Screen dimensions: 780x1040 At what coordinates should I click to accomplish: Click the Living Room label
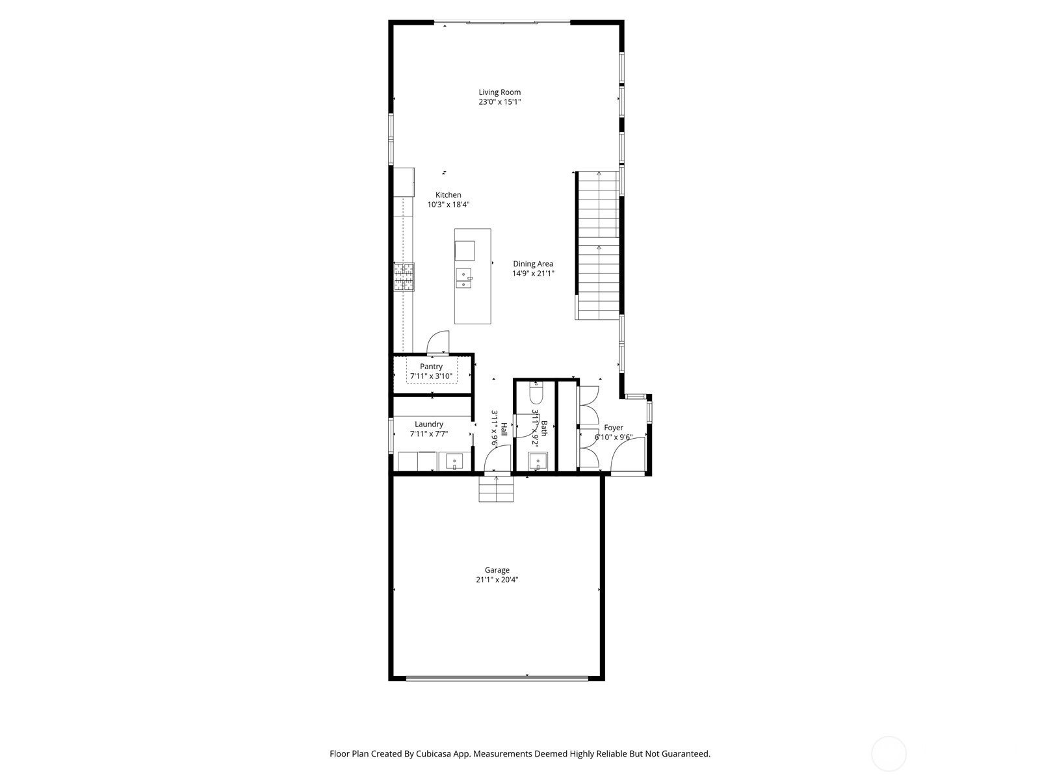click(499, 92)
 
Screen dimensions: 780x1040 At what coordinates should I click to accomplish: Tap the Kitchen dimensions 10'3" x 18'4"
click(448, 205)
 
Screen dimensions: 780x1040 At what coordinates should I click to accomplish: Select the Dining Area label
click(533, 264)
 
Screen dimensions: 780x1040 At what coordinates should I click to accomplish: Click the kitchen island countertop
click(473, 305)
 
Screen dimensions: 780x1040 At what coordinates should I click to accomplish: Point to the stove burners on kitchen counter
click(403, 276)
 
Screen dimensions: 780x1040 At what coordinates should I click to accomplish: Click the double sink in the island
click(464, 278)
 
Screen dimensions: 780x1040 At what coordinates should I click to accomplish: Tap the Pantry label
click(431, 367)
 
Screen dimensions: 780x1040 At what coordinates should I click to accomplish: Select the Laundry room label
click(429, 424)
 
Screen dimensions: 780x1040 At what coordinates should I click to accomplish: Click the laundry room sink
click(454, 462)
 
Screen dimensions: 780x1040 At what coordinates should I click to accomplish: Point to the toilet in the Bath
click(536, 393)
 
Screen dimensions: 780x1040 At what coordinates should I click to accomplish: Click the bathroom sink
click(538, 462)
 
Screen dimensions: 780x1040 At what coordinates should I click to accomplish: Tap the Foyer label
click(613, 428)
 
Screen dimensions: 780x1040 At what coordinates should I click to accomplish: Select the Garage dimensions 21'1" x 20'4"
click(497, 580)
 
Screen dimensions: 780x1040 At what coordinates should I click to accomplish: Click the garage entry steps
click(496, 489)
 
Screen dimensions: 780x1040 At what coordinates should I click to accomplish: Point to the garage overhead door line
click(497, 677)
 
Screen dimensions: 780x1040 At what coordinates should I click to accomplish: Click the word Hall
click(504, 430)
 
